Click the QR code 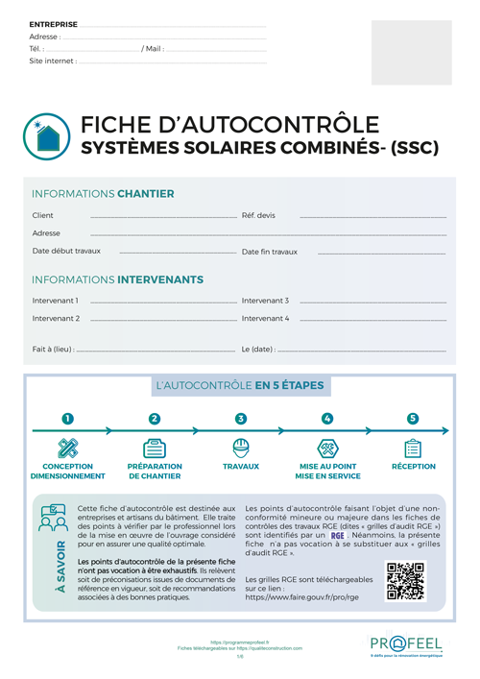404,581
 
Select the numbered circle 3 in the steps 241,419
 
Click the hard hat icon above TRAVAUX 241,448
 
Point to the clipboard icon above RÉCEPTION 413,448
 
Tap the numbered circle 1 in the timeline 67,419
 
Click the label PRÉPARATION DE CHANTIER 154,471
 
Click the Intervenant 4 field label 265,318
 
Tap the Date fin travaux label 270,252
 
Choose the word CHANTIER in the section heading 146,194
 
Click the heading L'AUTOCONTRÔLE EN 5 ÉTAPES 239,386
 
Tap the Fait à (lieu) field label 54,349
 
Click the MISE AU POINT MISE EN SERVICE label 327,471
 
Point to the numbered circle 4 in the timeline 327,419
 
